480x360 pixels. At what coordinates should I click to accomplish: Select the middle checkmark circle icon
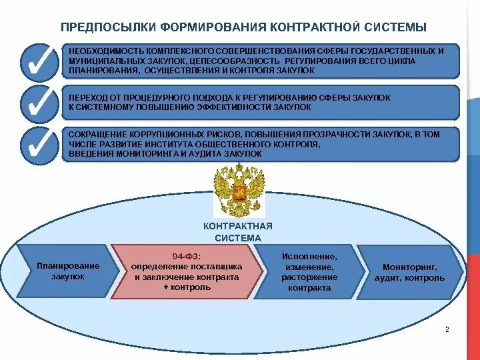pos(41,103)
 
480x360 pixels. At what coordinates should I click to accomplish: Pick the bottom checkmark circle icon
pos(41,144)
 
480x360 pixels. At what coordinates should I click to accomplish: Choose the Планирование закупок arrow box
pos(67,271)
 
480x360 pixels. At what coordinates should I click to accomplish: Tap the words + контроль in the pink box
pos(187,287)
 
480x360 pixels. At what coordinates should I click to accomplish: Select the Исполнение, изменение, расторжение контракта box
pos(309,272)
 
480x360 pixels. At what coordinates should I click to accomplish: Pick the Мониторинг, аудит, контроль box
pos(409,272)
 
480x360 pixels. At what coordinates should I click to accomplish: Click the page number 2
pos(447,330)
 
